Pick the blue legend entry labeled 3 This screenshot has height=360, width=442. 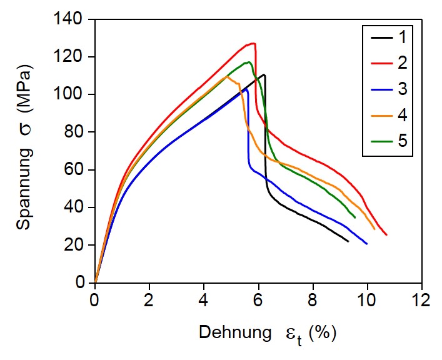point(387,89)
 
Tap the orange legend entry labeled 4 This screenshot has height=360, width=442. point(387,115)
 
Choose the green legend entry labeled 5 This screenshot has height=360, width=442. point(387,141)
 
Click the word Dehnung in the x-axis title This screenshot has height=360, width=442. point(233,332)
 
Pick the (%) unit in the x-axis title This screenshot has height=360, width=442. point(322,332)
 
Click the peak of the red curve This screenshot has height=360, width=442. point(253,43)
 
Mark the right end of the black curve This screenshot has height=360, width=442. point(348,241)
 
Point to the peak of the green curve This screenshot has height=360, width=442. point(249,62)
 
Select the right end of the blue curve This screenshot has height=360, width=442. point(367,244)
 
